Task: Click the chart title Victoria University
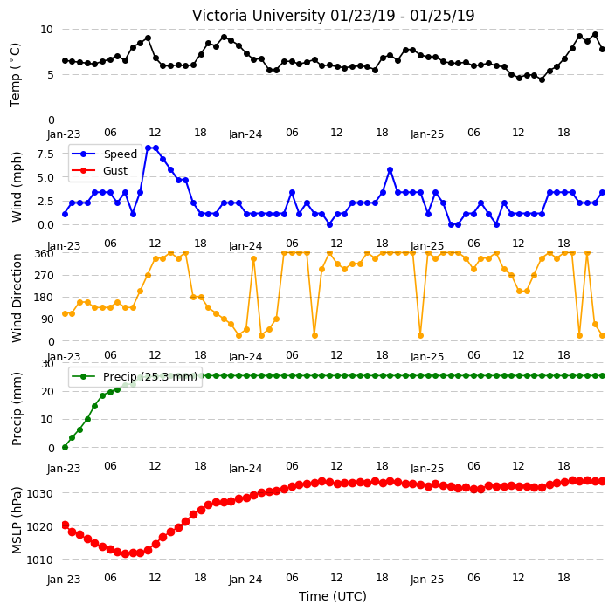click(259, 16)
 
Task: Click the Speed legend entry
click(120, 154)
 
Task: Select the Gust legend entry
click(115, 170)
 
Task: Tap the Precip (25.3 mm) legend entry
click(150, 376)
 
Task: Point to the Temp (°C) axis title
click(15, 75)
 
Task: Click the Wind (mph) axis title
click(17, 187)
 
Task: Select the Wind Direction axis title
click(17, 298)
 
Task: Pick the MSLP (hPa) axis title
click(17, 519)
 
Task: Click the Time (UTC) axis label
click(333, 596)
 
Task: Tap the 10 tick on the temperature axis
click(46, 30)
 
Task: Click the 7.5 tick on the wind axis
click(45, 154)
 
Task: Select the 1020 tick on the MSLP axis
click(39, 526)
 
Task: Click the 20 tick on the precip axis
click(47, 392)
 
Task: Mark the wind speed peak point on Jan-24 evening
click(390, 169)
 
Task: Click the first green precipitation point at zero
click(66, 447)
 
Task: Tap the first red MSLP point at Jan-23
click(66, 525)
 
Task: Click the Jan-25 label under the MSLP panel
click(427, 580)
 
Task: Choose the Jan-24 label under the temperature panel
click(245, 134)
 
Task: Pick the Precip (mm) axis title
click(17, 408)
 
